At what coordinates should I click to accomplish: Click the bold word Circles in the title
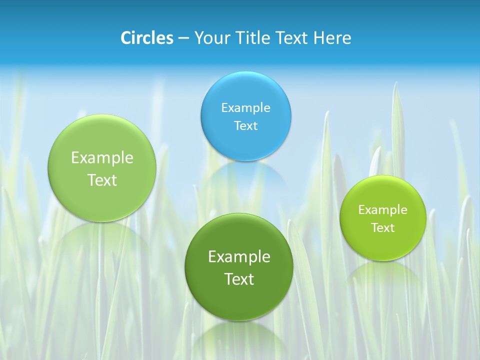pos(147,38)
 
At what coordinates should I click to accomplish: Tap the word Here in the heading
pos(332,38)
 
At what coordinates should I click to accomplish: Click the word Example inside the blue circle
pos(246,108)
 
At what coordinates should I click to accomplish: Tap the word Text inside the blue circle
pos(246,126)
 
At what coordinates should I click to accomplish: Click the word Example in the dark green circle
pos(239,257)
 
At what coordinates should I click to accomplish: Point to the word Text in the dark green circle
pos(239,279)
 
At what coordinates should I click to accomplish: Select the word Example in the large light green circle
pos(102,158)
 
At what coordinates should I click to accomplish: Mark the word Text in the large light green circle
pos(102,180)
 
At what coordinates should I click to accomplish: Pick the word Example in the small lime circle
pos(383,210)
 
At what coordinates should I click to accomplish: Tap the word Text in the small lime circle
pos(383,228)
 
